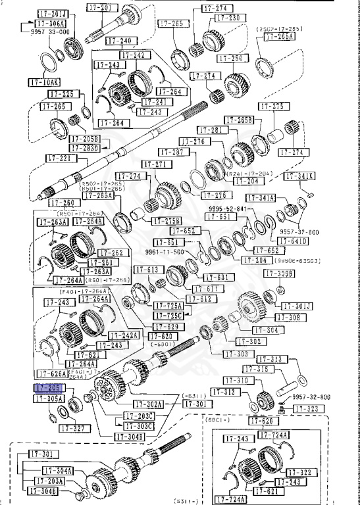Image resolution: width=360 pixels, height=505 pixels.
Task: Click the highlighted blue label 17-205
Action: coord(49,389)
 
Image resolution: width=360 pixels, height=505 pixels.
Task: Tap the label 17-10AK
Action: coord(44,82)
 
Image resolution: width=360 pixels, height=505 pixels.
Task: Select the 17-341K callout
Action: coord(300,176)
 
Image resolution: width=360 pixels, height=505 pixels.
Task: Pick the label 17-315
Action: coord(271,369)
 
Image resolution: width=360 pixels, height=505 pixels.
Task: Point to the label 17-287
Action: coord(170,152)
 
